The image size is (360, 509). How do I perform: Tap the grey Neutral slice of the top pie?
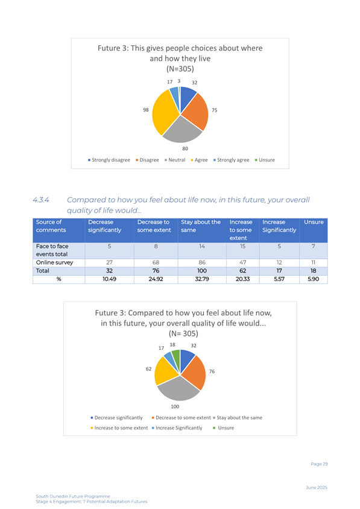[x=182, y=129]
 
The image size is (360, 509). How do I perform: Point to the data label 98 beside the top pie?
[x=146, y=110]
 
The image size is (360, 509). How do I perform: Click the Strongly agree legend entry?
[x=231, y=160]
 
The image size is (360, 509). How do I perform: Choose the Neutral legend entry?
[x=175, y=160]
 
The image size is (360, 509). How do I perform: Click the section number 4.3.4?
[x=41, y=200]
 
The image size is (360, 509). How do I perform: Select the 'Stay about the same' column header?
[x=201, y=226]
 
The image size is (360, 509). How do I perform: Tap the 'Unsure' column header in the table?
[x=314, y=222]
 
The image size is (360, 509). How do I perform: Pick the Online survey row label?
[x=54, y=262]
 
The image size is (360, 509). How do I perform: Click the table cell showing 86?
[x=202, y=262]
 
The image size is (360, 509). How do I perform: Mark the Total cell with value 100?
[x=202, y=271]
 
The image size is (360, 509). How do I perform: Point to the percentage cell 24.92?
[x=156, y=279]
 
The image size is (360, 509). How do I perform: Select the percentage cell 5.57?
[x=279, y=279]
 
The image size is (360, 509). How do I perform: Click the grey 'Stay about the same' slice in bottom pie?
[x=178, y=389]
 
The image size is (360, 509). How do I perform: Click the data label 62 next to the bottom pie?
[x=149, y=369]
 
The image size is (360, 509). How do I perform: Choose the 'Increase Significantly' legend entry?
[x=177, y=428]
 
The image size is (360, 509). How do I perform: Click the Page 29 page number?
[x=319, y=464]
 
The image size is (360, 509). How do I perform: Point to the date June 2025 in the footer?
[x=317, y=487]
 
